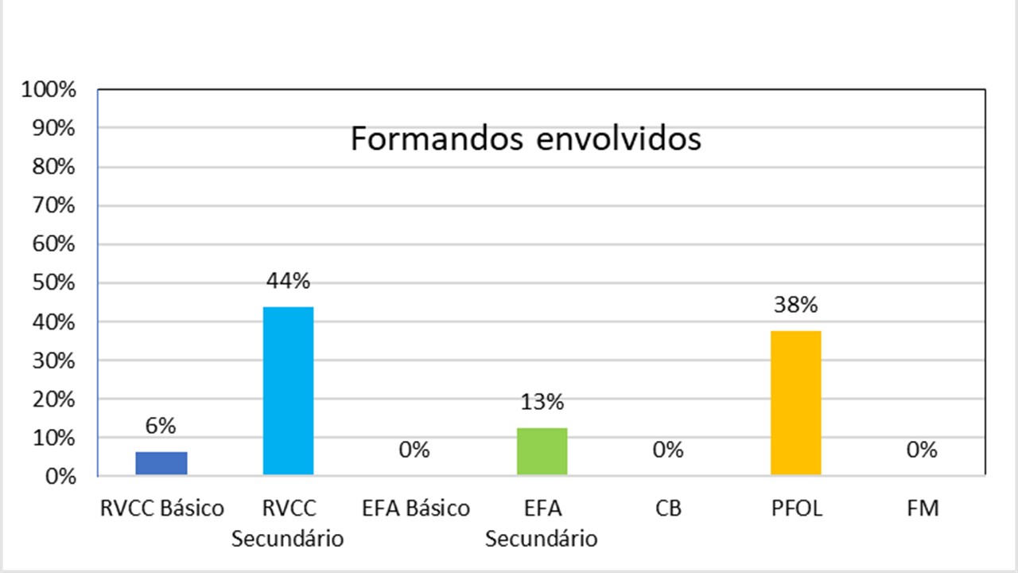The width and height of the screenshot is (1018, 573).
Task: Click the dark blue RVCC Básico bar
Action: tap(161, 463)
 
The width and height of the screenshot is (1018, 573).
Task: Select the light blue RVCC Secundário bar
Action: tap(288, 391)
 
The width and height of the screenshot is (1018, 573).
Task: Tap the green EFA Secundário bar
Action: tap(542, 451)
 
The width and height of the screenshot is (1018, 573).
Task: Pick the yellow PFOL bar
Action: tap(795, 403)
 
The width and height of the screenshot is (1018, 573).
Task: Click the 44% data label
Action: tap(288, 281)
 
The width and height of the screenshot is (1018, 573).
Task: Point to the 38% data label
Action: tap(795, 305)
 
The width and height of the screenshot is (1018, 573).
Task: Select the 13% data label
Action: tap(542, 402)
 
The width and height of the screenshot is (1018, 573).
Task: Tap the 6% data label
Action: tap(161, 426)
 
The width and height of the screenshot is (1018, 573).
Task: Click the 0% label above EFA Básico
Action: tap(414, 450)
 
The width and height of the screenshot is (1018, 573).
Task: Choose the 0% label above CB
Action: tap(668, 450)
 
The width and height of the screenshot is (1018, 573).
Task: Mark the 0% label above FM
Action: tap(922, 450)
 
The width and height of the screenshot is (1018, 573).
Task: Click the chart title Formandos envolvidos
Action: tap(526, 139)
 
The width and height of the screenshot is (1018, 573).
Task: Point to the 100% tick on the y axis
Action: tap(50, 89)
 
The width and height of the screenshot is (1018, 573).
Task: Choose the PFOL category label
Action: tap(795, 509)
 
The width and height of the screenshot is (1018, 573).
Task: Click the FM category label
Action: tap(923, 509)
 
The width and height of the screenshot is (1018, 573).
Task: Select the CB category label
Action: tap(668, 509)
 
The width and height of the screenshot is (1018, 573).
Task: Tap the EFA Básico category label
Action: tap(414, 509)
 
